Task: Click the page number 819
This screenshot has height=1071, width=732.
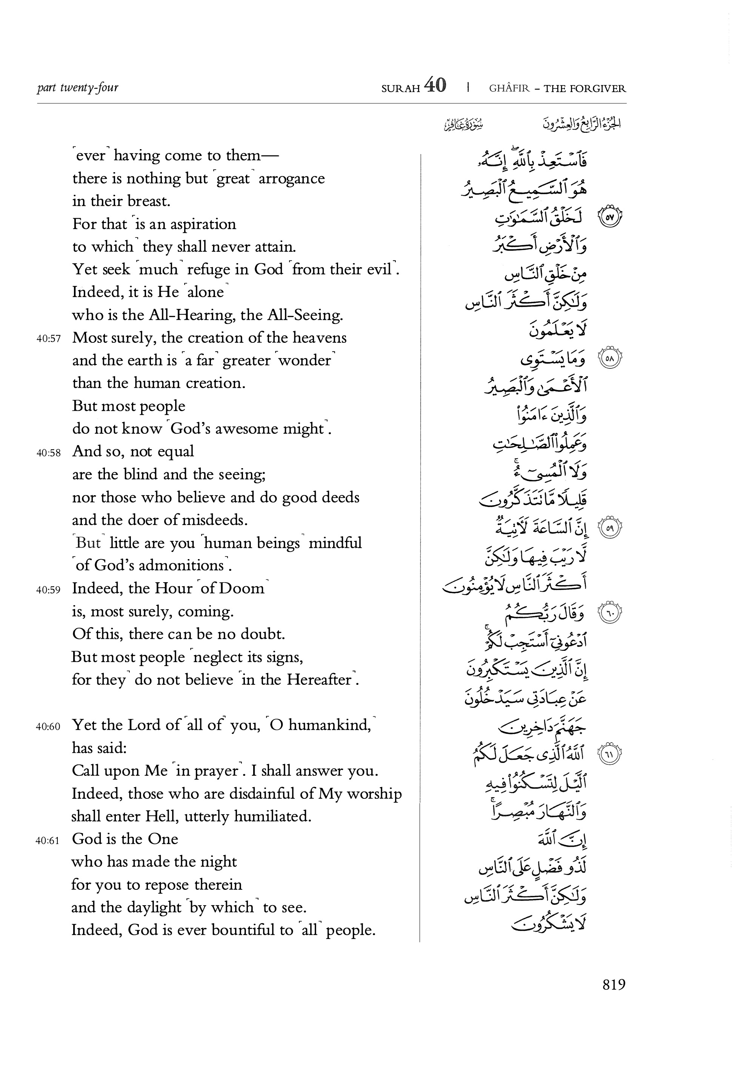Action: click(614, 997)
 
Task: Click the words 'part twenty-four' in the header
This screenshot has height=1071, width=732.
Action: click(77, 88)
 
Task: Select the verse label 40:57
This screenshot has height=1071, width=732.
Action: click(48, 339)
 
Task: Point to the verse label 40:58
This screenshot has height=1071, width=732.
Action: click(48, 453)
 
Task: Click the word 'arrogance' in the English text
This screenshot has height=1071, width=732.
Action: click(292, 179)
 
